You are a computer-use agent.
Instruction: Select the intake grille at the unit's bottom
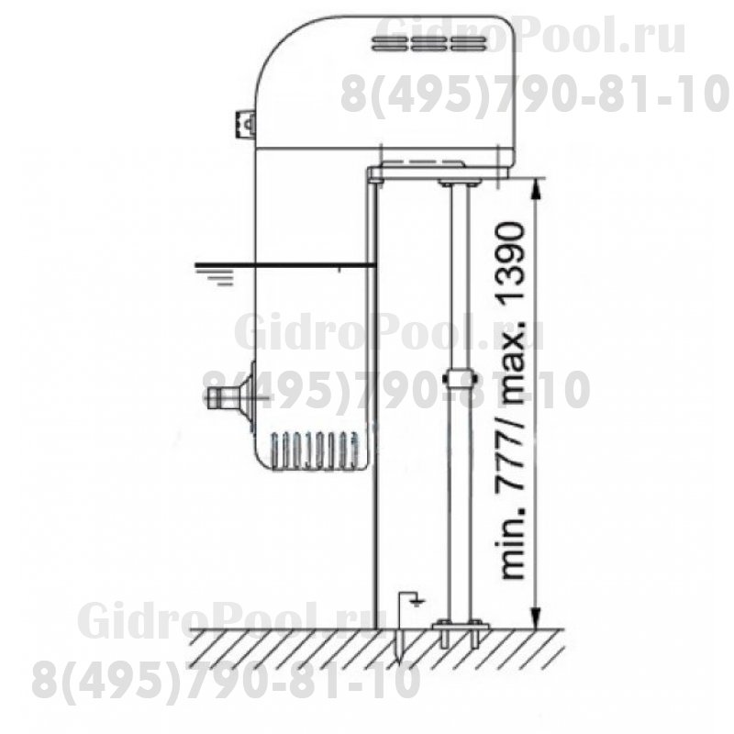point(314,450)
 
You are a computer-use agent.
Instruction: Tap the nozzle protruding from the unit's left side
point(228,398)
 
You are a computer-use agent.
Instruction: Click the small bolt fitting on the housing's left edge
point(246,125)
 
